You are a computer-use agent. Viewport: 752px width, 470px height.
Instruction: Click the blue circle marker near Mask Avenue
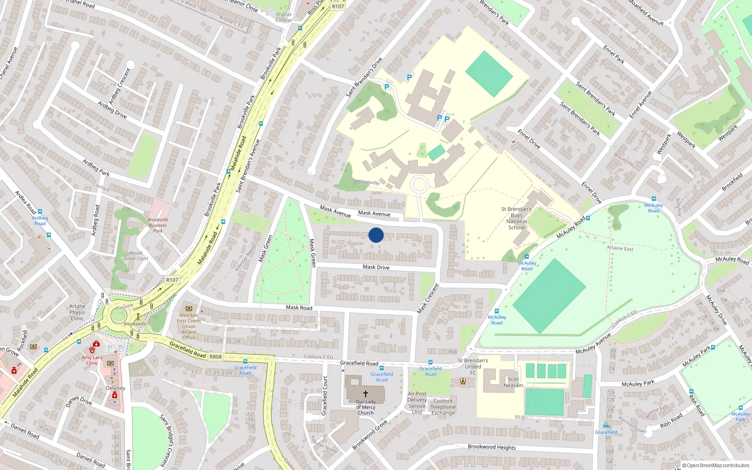pyautogui.click(x=376, y=235)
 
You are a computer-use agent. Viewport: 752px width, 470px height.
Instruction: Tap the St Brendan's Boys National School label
pyautogui.click(x=516, y=219)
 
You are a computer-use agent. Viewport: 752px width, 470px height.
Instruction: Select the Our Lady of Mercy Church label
pyautogui.click(x=366, y=407)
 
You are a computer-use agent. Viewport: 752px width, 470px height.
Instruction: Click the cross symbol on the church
pyautogui.click(x=365, y=394)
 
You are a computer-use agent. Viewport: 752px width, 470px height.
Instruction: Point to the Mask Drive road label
pyautogui.click(x=376, y=267)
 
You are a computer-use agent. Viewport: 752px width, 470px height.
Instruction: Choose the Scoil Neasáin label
pyautogui.click(x=513, y=382)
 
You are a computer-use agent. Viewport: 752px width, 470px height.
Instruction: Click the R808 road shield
pyautogui.click(x=215, y=357)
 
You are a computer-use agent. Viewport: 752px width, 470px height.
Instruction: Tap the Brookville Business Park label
pyautogui.click(x=158, y=225)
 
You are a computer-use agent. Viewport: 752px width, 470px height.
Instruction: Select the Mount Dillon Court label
pyautogui.click(x=136, y=256)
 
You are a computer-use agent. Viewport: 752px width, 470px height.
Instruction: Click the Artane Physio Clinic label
pyautogui.click(x=78, y=312)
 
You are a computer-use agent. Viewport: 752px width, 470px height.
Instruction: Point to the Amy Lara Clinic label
pyautogui.click(x=92, y=360)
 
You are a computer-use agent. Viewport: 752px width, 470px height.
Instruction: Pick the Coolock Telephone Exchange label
pyautogui.click(x=443, y=407)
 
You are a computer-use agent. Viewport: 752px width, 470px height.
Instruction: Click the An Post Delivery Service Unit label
pyautogui.click(x=417, y=403)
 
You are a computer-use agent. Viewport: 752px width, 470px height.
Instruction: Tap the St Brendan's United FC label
pyautogui.click(x=473, y=367)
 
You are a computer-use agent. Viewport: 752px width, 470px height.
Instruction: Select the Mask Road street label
pyautogui.click(x=299, y=307)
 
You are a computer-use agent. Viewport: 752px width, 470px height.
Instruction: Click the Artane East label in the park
pyautogui.click(x=620, y=248)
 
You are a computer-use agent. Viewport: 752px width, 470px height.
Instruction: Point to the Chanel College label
pyautogui.click(x=283, y=17)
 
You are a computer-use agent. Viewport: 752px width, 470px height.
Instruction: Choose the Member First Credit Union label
pyautogui.click(x=188, y=326)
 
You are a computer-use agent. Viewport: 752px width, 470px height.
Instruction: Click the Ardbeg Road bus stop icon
pyautogui.click(x=40, y=212)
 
